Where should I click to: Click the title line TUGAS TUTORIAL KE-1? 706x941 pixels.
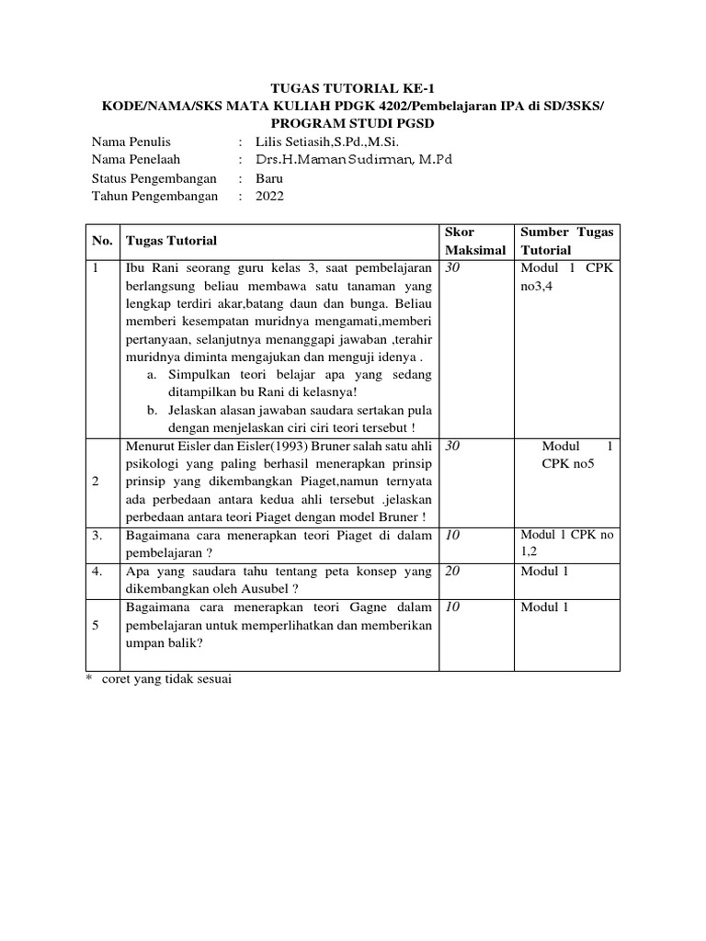[x=352, y=88]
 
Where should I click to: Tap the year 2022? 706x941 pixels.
[x=269, y=195]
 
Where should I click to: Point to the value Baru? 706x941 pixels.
[x=269, y=177]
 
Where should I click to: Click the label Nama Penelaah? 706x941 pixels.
[x=135, y=159]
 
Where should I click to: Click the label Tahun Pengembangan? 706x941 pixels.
[x=154, y=195]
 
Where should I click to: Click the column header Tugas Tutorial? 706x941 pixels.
[x=171, y=241]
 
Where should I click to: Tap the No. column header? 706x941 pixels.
[x=101, y=241]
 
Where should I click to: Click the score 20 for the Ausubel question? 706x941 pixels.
[x=452, y=572]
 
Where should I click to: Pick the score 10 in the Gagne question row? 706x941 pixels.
[x=452, y=607]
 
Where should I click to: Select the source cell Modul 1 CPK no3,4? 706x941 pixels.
[x=567, y=276]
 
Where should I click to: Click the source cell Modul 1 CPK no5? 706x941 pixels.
[x=567, y=454]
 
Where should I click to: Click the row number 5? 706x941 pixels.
[x=96, y=625]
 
